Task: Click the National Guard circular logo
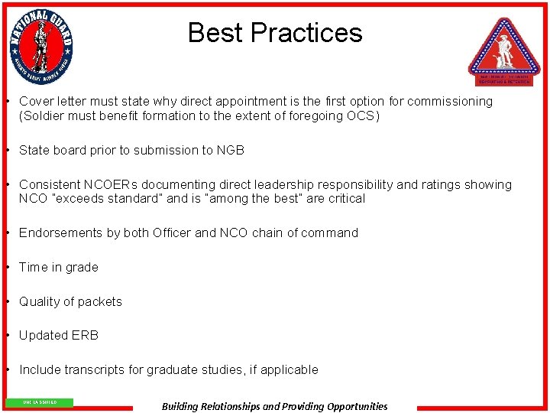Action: point(41,47)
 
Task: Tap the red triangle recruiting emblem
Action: point(504,50)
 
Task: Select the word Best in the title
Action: point(215,33)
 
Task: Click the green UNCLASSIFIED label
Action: point(40,402)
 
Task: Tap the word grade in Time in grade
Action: point(82,268)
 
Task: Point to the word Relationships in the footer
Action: point(225,407)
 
